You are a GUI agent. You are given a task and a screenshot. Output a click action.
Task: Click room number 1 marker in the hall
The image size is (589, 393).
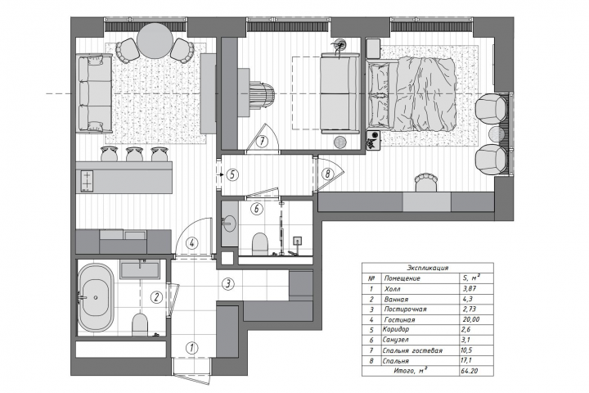pyautogui.click(x=192, y=347)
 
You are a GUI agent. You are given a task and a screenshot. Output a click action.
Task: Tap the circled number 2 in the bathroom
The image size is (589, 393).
pyautogui.click(x=156, y=297)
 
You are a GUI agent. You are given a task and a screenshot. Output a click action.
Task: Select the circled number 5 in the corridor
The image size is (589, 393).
pyautogui.click(x=233, y=175)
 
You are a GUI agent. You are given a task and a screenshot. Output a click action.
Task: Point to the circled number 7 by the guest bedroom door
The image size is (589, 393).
pyautogui.click(x=263, y=142)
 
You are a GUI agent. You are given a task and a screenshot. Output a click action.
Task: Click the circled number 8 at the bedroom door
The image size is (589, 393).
pyautogui.click(x=328, y=174)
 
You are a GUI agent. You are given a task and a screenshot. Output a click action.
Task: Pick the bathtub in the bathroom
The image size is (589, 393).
pyautogui.click(x=96, y=297)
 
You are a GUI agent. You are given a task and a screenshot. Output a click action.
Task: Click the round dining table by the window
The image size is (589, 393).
pyautogui.click(x=155, y=41)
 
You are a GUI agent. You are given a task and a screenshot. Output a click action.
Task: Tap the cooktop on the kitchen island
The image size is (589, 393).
pyautogui.click(x=87, y=181)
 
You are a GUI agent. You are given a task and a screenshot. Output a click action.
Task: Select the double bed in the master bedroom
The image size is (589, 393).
pyautogui.click(x=411, y=93)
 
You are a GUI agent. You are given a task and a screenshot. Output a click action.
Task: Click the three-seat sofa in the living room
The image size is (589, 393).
pyautogui.click(x=94, y=93)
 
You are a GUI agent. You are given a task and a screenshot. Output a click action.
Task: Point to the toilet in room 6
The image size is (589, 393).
pyautogui.click(x=260, y=243)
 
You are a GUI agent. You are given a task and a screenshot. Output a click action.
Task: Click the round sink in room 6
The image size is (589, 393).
pyautogui.click(x=228, y=224)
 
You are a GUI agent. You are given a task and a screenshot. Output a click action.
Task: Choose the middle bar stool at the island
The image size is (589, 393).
pyautogui.click(x=135, y=154)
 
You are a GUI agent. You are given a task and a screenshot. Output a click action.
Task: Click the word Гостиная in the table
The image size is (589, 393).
pyautogui.click(x=400, y=319)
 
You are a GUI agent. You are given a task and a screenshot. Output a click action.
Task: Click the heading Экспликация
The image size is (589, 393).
pyautogui.click(x=428, y=269)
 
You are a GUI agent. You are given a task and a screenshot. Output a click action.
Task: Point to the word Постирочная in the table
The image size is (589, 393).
pyautogui.click(x=405, y=309)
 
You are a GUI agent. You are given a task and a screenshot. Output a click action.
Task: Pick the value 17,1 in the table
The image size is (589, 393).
pyautogui.click(x=465, y=360)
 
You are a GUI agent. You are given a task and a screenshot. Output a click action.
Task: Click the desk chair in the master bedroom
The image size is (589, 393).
pyautogui.click(x=426, y=182)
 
